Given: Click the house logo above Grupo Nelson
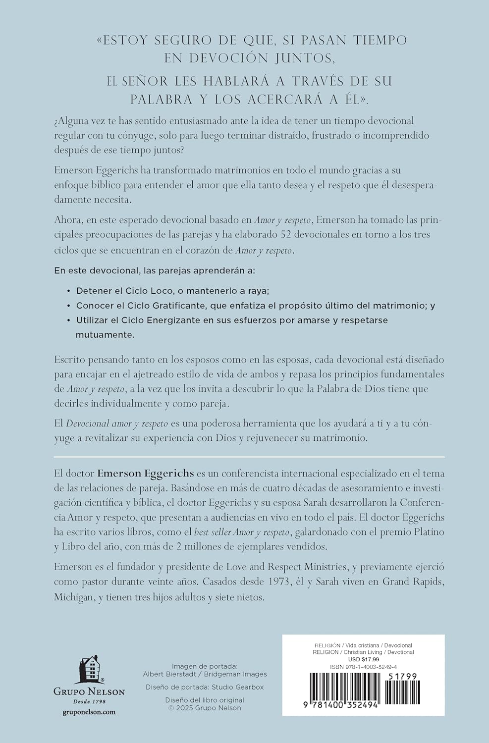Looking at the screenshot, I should pyautogui.click(x=89, y=669).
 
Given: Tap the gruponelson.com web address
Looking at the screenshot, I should pyautogui.click(x=89, y=712).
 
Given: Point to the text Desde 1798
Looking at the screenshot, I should pyautogui.click(x=89, y=701).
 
